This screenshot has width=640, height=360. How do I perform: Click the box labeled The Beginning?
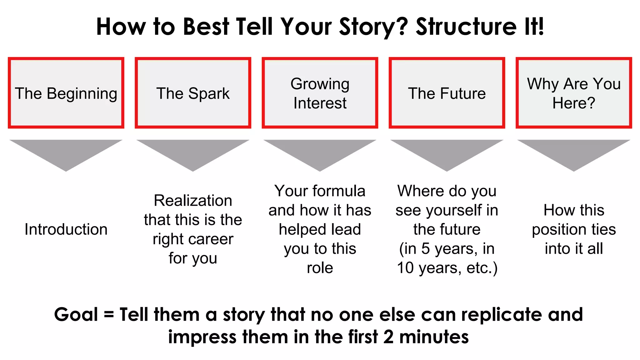(66, 93)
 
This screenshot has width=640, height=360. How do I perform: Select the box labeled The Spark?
(193, 93)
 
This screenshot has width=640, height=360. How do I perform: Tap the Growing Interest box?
(320, 93)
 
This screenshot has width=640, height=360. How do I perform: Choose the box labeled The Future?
(447, 93)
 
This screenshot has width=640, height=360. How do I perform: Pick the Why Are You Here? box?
(573, 93)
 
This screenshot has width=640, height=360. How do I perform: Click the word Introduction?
(66, 229)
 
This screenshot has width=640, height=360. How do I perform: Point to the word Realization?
(193, 201)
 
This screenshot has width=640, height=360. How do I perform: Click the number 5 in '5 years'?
(426, 249)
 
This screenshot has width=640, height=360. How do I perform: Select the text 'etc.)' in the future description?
(482, 268)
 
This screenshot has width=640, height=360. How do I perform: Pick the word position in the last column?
(555, 230)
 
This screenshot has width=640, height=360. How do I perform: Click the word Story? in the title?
(373, 27)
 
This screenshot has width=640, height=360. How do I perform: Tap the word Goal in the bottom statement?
(76, 314)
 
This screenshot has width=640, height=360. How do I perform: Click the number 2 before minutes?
(388, 337)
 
